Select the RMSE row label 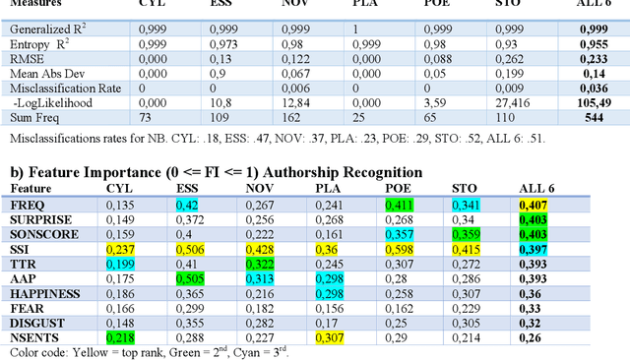27,59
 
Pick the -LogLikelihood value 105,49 596,102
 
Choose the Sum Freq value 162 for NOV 290,117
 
